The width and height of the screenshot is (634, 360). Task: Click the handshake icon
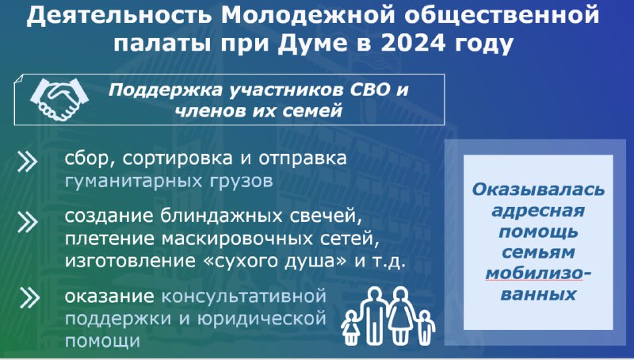click(x=59, y=99)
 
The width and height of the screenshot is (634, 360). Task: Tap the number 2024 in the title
click(x=413, y=43)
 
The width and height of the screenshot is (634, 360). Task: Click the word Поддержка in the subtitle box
click(x=166, y=90)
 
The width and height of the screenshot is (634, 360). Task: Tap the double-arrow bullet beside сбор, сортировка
click(x=28, y=163)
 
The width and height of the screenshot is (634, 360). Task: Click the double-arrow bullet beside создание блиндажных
click(x=28, y=222)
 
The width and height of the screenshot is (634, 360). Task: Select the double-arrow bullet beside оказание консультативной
click(x=29, y=297)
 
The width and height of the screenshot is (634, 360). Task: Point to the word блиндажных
click(x=222, y=216)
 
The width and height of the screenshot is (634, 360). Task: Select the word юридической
click(x=262, y=319)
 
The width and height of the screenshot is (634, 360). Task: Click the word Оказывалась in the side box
click(x=538, y=190)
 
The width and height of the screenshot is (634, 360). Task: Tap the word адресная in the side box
click(x=538, y=211)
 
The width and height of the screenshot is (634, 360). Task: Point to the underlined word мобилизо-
click(x=538, y=273)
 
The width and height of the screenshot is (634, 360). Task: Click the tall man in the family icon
click(x=374, y=315)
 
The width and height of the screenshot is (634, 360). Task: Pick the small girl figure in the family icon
click(x=350, y=327)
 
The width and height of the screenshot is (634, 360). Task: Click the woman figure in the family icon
click(x=400, y=315)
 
